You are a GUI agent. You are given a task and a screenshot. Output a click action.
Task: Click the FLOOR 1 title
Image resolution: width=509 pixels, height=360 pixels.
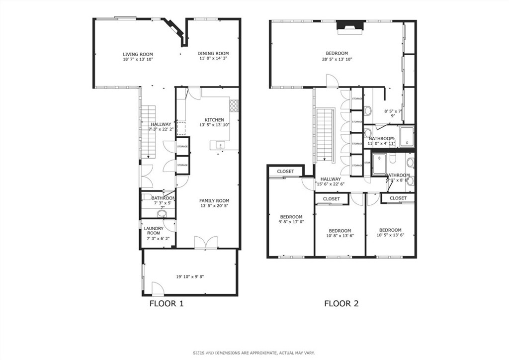click(x=167, y=303)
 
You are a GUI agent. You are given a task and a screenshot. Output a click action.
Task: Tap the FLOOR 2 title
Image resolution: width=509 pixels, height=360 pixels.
click(x=341, y=303)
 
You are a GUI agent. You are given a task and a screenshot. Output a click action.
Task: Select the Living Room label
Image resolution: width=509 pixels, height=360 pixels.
click(x=138, y=56)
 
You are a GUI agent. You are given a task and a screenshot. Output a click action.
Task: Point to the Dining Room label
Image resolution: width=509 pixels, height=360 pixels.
click(x=213, y=56)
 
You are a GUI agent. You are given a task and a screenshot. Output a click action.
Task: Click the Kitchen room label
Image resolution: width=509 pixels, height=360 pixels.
click(x=214, y=122)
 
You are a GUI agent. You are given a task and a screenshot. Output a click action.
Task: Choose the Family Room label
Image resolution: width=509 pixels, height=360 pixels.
click(x=215, y=203)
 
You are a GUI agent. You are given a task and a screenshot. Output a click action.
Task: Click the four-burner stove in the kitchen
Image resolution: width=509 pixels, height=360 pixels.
click(x=234, y=105)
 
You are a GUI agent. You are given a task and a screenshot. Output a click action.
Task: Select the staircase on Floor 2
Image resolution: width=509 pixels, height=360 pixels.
click(x=325, y=134)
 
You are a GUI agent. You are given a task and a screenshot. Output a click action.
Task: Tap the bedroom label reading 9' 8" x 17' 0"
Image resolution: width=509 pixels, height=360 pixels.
click(x=291, y=220)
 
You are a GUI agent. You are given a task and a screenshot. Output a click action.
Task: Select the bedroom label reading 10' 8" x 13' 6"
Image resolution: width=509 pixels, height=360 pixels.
click(x=340, y=233)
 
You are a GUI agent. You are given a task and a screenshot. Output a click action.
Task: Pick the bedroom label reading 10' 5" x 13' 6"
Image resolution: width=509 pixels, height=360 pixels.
click(x=390, y=233)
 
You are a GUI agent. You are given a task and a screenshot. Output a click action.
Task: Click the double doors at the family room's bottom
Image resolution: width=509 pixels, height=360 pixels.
click(x=205, y=242)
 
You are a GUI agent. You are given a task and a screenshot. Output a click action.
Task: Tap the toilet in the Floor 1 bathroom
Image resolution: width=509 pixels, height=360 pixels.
click(x=162, y=214)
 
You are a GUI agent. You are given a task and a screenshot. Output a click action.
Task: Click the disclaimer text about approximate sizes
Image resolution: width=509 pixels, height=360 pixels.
click(x=254, y=353)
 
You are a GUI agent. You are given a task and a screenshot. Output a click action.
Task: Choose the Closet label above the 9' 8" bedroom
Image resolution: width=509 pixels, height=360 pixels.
click(x=285, y=172)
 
